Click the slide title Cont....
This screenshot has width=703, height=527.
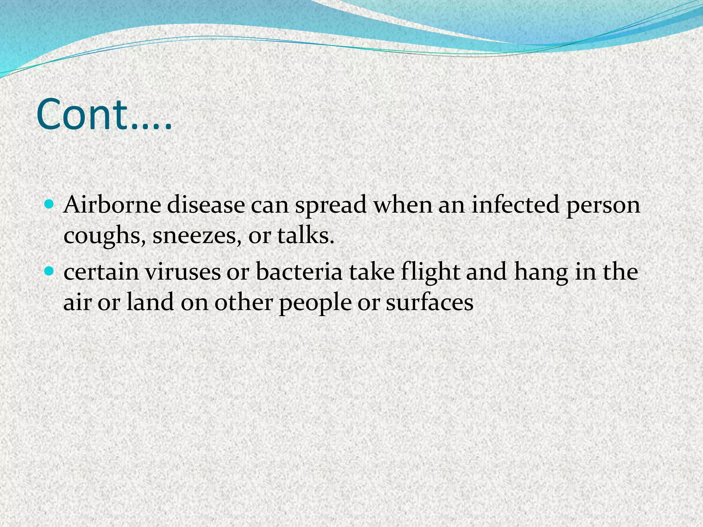point(103,115)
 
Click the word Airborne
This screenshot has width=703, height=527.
point(112,205)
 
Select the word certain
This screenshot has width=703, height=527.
point(101,272)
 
